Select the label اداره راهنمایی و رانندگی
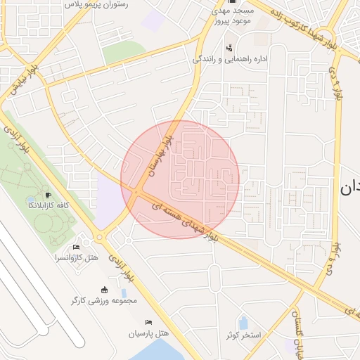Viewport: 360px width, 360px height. (x=230, y=59)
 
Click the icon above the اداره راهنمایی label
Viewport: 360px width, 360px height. (x=230, y=48)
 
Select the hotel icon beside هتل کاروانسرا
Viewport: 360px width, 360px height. (x=76, y=247)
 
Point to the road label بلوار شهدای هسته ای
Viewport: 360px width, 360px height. (x=186, y=221)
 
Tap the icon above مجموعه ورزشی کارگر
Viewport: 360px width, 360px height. (x=105, y=289)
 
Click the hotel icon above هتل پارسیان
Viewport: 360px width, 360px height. (x=148, y=321)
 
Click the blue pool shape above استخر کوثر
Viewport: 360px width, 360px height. (x=243, y=323)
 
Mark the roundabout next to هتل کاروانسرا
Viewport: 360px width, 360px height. (x=99, y=237)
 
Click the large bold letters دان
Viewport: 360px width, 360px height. (x=349, y=188)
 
